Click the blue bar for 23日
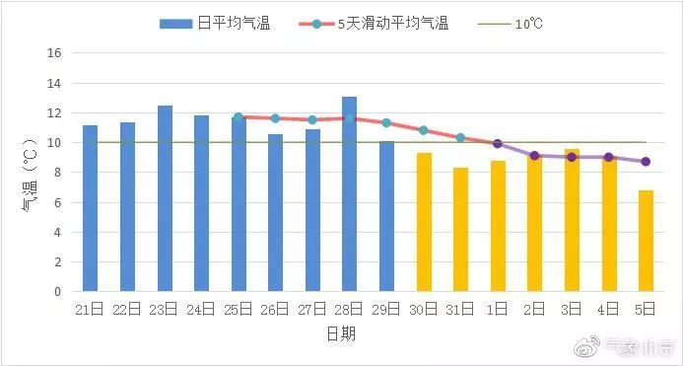pyautogui.click(x=165, y=198)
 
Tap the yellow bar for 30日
pyautogui.click(x=424, y=222)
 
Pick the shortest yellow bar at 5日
pyautogui.click(x=646, y=241)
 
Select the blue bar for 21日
pyautogui.click(x=91, y=208)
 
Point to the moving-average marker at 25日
pyautogui.click(x=238, y=116)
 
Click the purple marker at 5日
pyautogui.click(x=646, y=162)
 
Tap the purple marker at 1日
pyautogui.click(x=498, y=144)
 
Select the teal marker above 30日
pyautogui.click(x=424, y=130)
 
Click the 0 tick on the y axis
pyautogui.click(x=58, y=292)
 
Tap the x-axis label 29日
pyautogui.click(x=386, y=310)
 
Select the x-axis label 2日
pyautogui.click(x=534, y=310)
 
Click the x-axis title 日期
pyautogui.click(x=341, y=334)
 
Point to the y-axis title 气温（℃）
pyautogui.click(x=29, y=174)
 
